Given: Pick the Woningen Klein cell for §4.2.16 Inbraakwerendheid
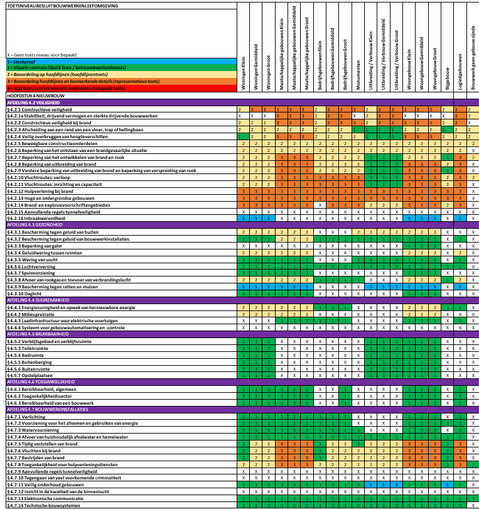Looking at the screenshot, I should [242, 218].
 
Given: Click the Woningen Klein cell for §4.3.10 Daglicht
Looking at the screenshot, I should [242, 293].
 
